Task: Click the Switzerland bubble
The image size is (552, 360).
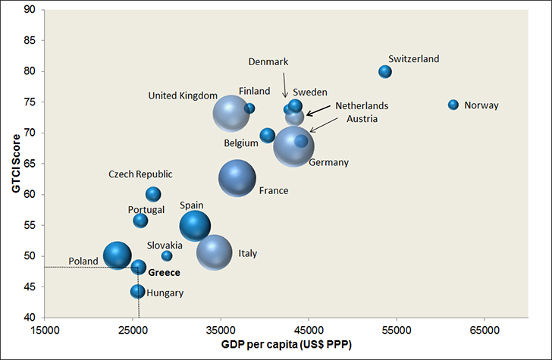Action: [x=385, y=71]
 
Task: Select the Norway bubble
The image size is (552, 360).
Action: [x=453, y=105]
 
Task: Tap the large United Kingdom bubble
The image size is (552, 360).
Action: [x=231, y=114]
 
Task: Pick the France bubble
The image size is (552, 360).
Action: [x=238, y=179]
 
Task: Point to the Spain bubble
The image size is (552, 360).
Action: [x=195, y=225]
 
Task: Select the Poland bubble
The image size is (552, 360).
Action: [x=118, y=256]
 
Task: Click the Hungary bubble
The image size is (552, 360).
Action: [x=137, y=291]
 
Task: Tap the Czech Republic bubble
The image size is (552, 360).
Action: [x=153, y=194]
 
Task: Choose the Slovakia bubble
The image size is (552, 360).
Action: [x=167, y=256]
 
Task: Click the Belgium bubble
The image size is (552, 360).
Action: [x=267, y=136]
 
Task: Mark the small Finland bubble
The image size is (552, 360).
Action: [x=249, y=108]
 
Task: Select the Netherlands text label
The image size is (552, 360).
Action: [x=362, y=106]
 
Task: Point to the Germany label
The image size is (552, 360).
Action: [x=328, y=162]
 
